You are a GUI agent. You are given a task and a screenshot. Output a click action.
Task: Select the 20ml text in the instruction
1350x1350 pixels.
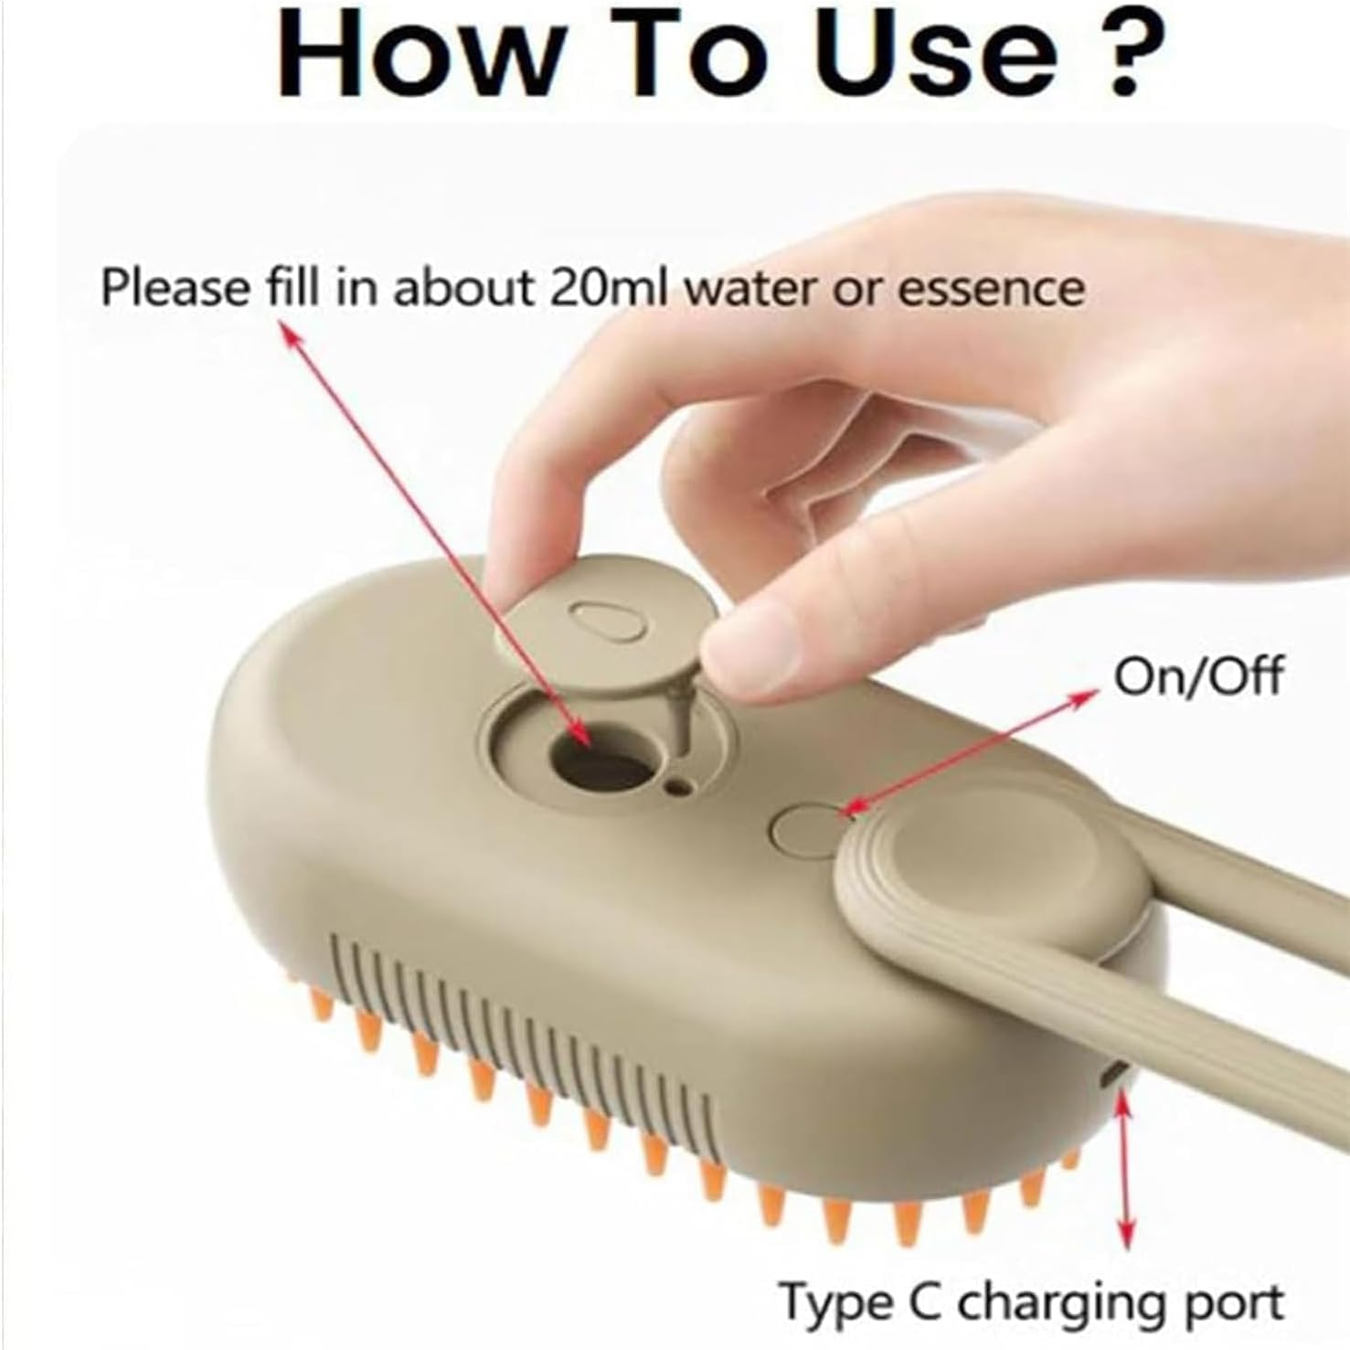coord(607,287)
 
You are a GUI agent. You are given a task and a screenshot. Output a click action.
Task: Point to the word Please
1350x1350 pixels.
coord(174,287)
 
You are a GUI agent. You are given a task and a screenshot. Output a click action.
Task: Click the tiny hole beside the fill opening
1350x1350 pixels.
coord(678,785)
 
